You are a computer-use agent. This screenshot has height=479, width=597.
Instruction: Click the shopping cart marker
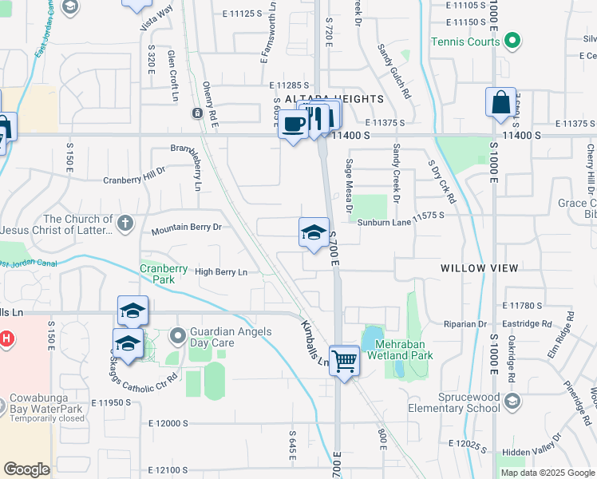click(x=344, y=360)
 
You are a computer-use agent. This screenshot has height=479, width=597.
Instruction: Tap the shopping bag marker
click(x=500, y=103)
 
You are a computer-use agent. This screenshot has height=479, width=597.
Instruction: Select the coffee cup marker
click(x=293, y=124)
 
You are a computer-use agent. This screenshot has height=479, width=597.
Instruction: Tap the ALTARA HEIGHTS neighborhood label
click(x=350, y=99)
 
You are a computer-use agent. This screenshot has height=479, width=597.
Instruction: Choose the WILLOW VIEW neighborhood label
click(x=479, y=268)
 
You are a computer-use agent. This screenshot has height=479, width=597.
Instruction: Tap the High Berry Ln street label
click(x=221, y=272)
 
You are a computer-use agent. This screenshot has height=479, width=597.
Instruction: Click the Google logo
click(x=27, y=469)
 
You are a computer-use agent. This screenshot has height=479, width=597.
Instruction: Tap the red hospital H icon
click(x=5, y=338)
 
